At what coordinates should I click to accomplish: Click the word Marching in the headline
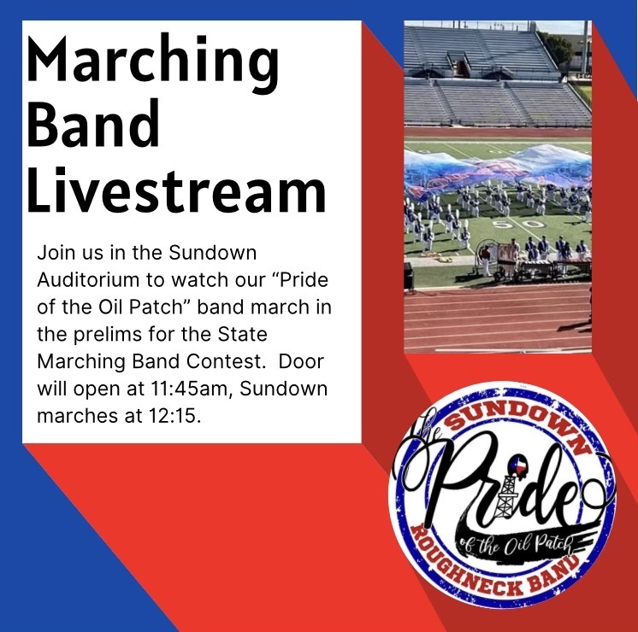coord(152,64)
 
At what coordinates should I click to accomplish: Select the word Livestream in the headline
coord(176,190)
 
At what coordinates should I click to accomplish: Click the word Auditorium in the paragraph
coord(88,279)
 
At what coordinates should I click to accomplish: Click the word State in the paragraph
coord(243,334)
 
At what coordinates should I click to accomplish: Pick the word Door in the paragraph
coord(301,361)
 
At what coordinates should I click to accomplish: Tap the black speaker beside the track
coord(409,277)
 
